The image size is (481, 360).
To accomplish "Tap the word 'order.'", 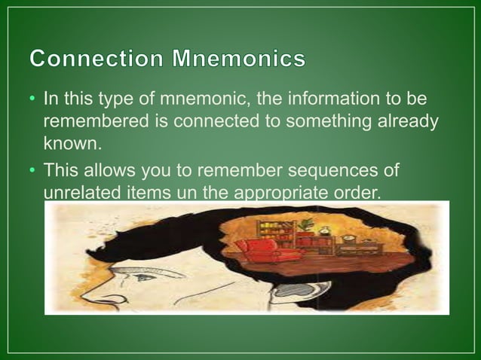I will pos(354,191).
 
